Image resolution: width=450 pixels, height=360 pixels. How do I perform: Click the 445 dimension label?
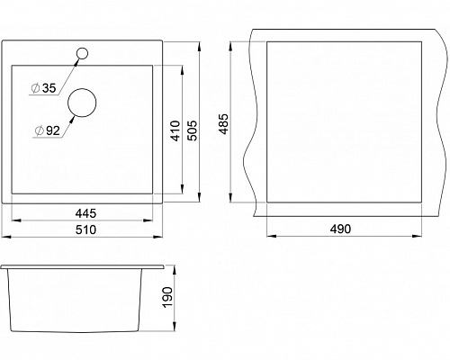[x=85, y=213]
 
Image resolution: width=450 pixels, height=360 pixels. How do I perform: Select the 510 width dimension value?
[x=85, y=229]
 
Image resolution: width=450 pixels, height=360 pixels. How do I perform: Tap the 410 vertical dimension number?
[x=175, y=130]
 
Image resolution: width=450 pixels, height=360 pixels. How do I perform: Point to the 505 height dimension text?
[x=192, y=130]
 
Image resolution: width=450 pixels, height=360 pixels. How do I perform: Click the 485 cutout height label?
[x=223, y=124]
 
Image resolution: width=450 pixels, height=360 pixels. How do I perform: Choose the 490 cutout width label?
[x=340, y=229]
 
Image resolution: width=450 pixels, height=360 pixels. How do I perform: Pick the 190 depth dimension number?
[x=167, y=297]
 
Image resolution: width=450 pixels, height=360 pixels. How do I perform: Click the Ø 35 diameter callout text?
[x=44, y=88]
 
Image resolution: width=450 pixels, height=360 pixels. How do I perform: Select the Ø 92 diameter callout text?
[x=48, y=130]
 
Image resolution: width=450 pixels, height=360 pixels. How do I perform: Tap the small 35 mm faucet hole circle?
[x=82, y=49]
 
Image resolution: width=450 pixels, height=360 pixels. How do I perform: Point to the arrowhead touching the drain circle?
[x=72, y=121]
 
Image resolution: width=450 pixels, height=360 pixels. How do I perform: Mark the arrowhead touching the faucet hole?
[x=77, y=61]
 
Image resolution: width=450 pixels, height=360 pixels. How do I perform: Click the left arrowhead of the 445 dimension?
[x=15, y=220]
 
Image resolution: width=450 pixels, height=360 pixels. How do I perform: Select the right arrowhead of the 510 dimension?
[x=158, y=237]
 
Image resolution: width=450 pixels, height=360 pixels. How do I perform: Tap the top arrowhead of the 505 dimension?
[x=199, y=46]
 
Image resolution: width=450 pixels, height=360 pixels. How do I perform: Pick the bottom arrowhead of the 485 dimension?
[x=230, y=198]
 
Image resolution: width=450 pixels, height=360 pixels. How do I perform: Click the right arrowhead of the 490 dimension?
[x=418, y=236]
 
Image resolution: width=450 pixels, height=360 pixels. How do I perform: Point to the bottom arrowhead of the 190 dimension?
[x=175, y=327]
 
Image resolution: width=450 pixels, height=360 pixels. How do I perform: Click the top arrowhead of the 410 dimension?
[x=182, y=70]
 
